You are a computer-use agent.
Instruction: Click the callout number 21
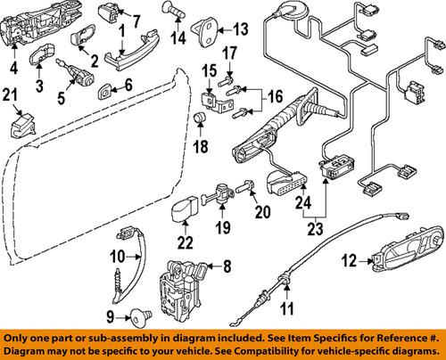click(x=11, y=95)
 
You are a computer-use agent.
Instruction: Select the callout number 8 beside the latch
click(x=226, y=266)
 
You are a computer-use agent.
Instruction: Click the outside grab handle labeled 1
click(x=125, y=59)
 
